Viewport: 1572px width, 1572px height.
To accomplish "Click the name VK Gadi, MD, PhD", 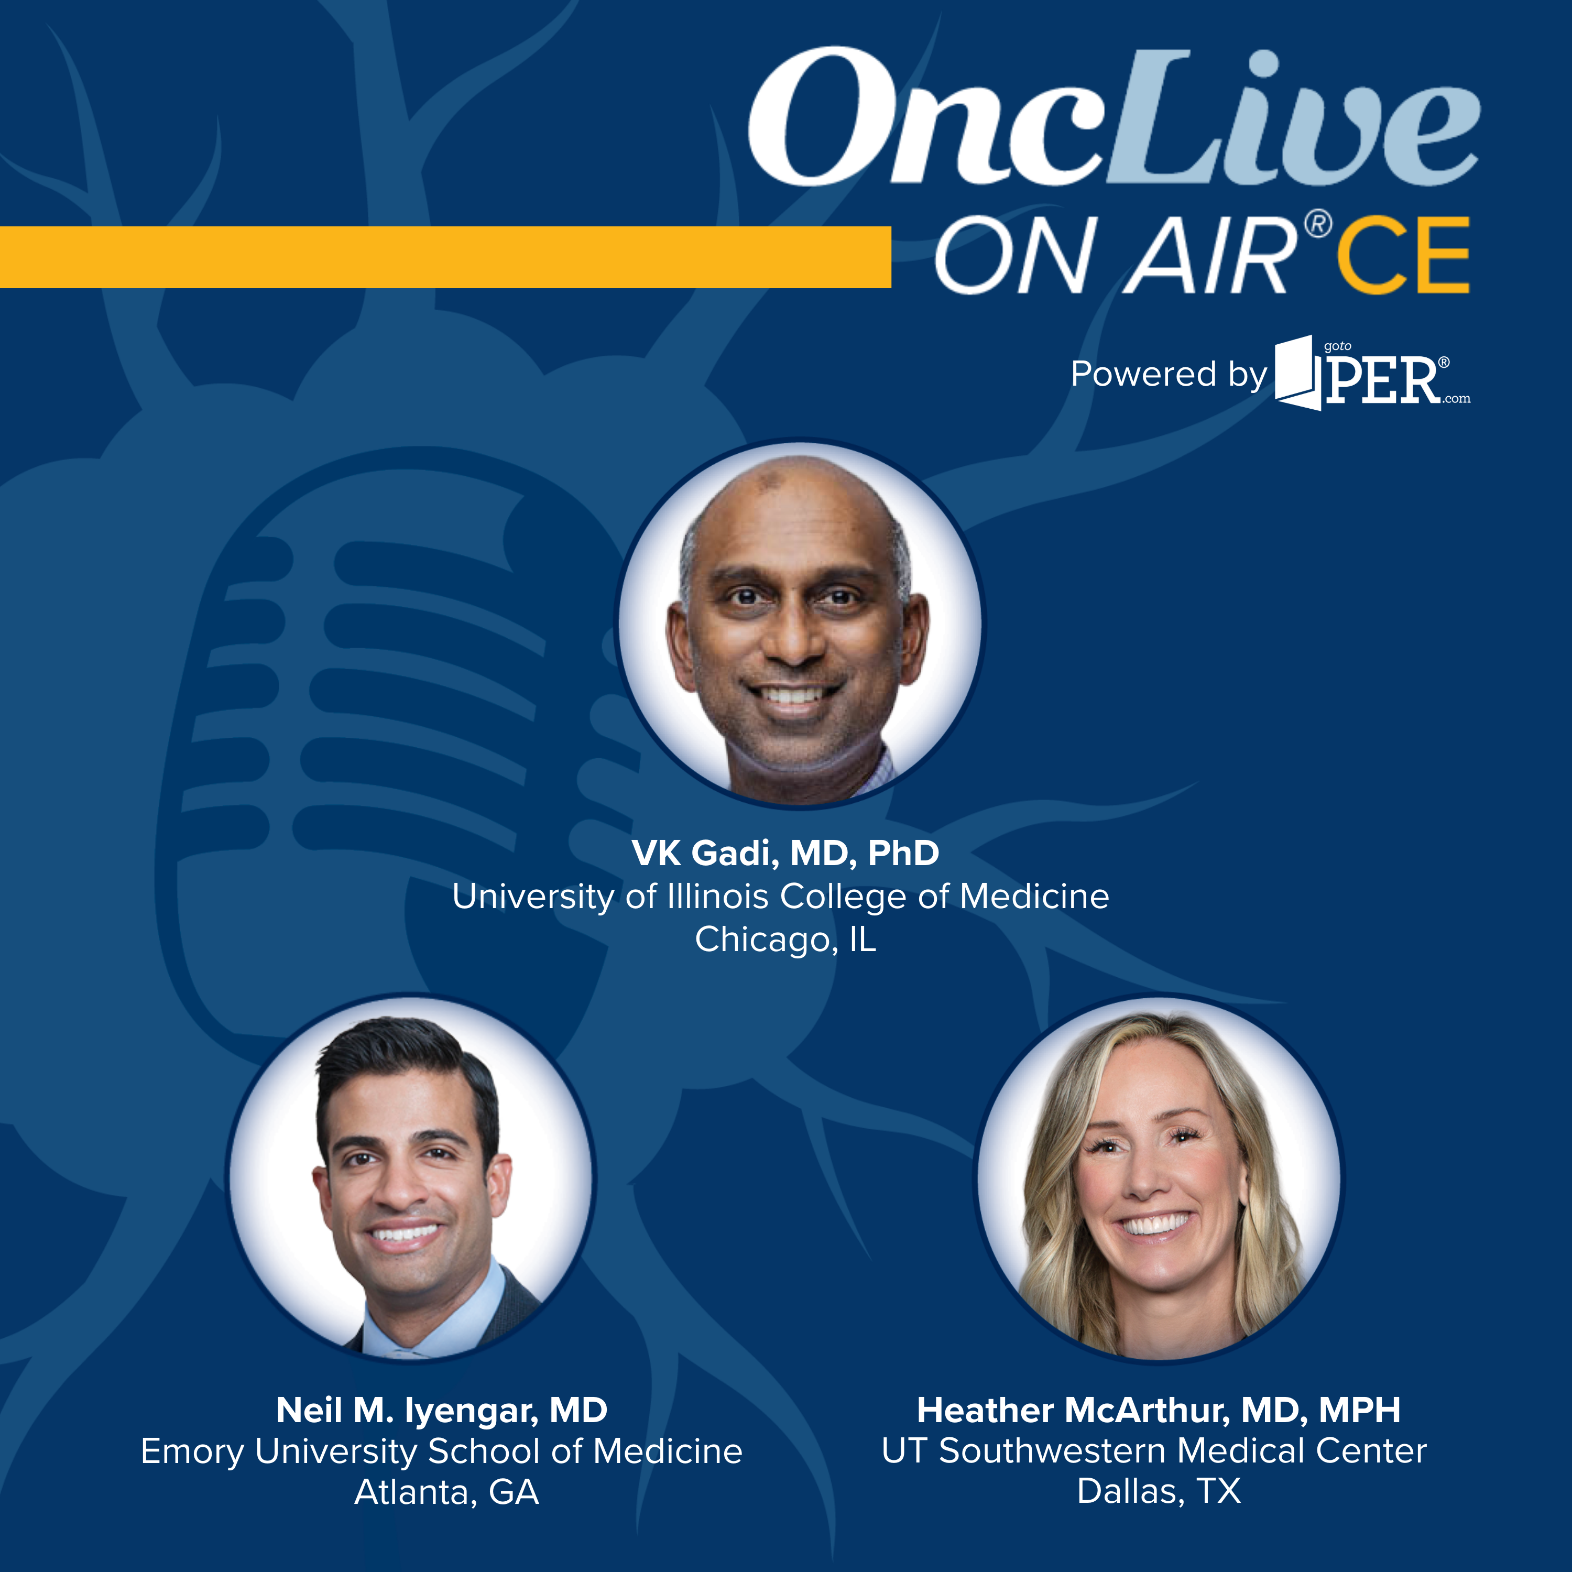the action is tap(785, 853).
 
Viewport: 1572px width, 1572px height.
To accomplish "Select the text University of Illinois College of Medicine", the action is tap(780, 897).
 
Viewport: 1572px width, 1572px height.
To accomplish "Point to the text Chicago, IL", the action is tap(785, 940).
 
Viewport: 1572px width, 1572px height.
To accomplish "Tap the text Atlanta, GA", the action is tap(446, 1493).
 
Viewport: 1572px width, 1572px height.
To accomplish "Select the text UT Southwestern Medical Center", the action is tap(1154, 1451).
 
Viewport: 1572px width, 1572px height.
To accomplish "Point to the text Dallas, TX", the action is tap(1159, 1492).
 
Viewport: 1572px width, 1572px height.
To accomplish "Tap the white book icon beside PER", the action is tap(1298, 373).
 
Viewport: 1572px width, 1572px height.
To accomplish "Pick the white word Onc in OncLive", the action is tap(932, 118).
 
